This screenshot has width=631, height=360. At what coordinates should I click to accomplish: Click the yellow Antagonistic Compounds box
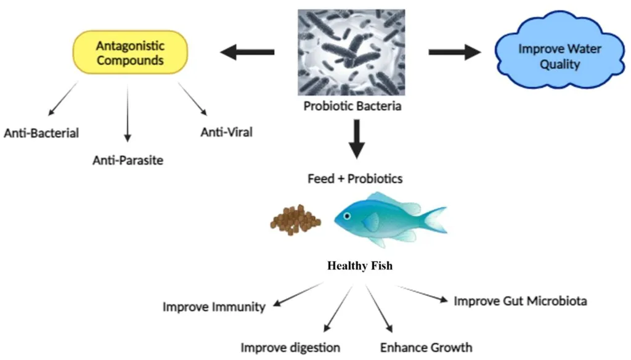point(129,53)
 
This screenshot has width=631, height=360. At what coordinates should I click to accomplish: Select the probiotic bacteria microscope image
point(352,52)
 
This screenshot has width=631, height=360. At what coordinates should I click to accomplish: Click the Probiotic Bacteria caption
point(352,106)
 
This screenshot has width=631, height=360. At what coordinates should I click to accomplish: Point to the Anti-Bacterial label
point(41,133)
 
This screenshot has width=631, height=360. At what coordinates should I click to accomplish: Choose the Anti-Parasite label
point(128,160)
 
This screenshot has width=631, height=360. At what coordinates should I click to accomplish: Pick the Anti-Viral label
point(227,132)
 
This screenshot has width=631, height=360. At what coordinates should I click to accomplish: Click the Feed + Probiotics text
point(355,179)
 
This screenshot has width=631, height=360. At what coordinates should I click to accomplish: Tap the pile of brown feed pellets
point(295,219)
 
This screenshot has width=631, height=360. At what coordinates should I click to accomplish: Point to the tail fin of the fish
point(434,219)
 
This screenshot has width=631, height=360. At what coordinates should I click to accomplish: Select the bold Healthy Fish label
point(360,266)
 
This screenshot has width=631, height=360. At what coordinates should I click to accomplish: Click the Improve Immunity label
point(214,306)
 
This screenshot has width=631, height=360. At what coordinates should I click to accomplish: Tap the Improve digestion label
point(290,348)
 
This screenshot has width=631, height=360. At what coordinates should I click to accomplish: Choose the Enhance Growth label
point(426,347)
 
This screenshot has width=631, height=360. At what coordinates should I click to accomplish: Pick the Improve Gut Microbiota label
point(520,301)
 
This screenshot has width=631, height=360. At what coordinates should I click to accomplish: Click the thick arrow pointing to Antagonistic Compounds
point(247,52)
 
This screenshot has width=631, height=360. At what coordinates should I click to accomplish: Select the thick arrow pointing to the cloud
point(454,52)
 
